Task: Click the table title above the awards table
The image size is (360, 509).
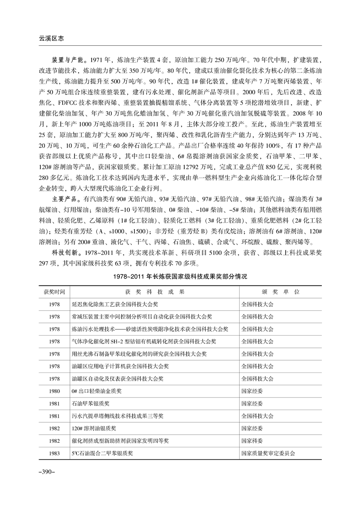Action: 180,276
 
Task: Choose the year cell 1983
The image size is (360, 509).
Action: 54,453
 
